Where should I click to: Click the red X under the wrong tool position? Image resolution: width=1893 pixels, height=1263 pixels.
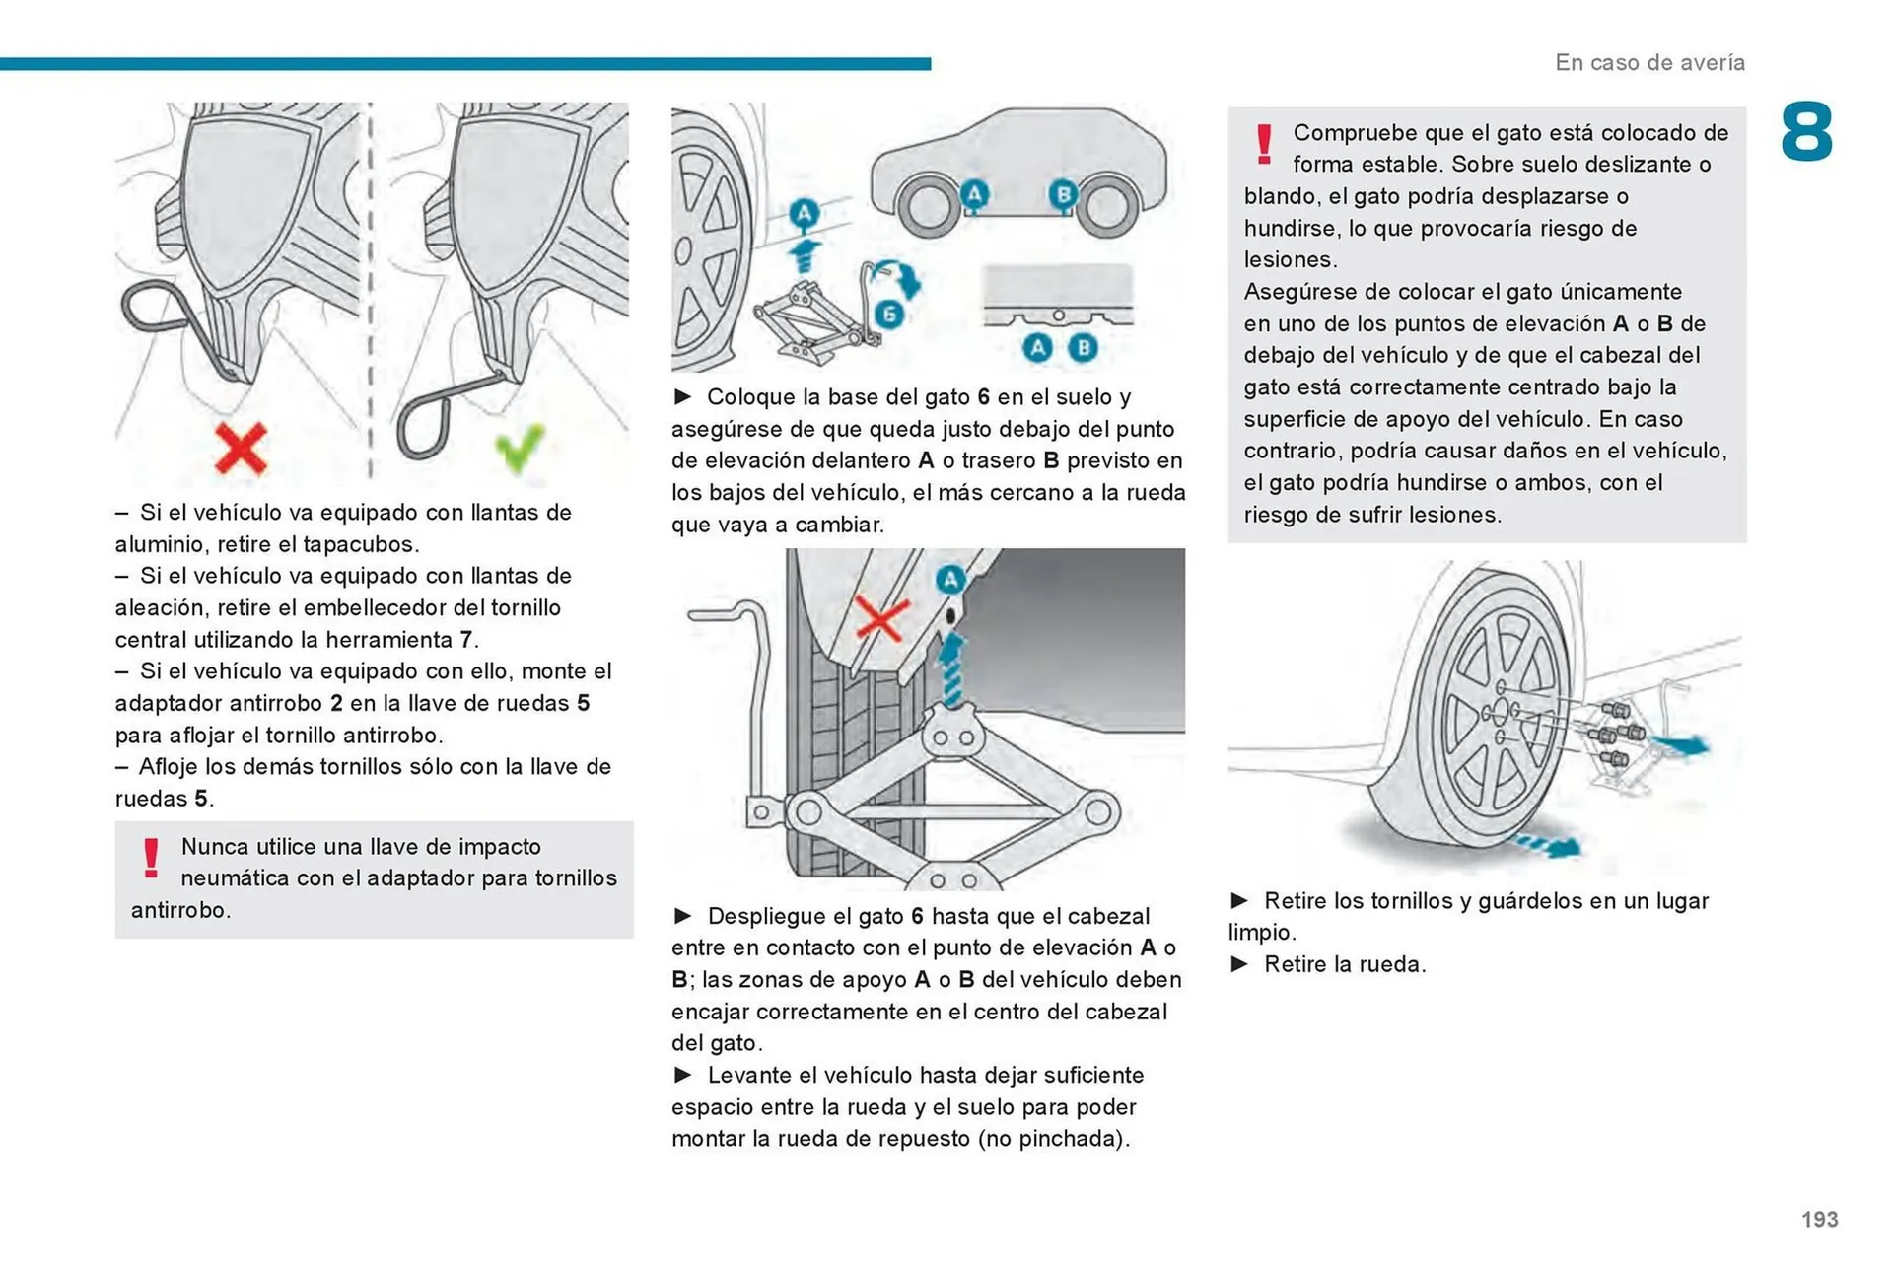point(241,450)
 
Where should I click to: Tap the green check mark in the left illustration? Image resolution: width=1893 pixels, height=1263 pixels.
point(520,448)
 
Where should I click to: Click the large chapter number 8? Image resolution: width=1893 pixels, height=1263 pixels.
point(1806,132)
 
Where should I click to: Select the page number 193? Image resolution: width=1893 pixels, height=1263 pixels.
point(1819,1219)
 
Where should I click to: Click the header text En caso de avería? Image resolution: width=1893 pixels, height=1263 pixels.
point(1649,62)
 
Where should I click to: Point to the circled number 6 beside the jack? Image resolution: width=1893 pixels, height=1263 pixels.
point(889,315)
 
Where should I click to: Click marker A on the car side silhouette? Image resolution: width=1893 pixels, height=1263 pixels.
point(974,194)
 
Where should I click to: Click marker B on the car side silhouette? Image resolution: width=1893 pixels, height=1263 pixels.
point(1063,194)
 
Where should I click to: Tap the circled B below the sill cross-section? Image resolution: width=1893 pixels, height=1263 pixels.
point(1084,347)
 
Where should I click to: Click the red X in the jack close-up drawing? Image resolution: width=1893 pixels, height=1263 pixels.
point(880,619)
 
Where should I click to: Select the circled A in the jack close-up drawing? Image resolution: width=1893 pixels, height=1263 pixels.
point(949,580)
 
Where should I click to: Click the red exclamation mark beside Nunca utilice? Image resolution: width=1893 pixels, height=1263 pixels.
point(151,858)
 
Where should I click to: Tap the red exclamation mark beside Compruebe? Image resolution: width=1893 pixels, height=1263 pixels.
point(1264,144)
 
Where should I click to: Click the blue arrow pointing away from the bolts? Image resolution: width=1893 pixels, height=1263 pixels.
point(1680,744)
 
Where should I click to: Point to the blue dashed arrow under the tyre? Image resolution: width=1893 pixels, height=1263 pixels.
point(1548,845)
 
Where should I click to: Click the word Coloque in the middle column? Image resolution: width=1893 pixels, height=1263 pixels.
point(750,397)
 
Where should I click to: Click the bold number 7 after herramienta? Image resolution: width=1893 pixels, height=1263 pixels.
point(465,640)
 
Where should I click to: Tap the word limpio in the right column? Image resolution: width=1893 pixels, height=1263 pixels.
point(1259,933)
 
